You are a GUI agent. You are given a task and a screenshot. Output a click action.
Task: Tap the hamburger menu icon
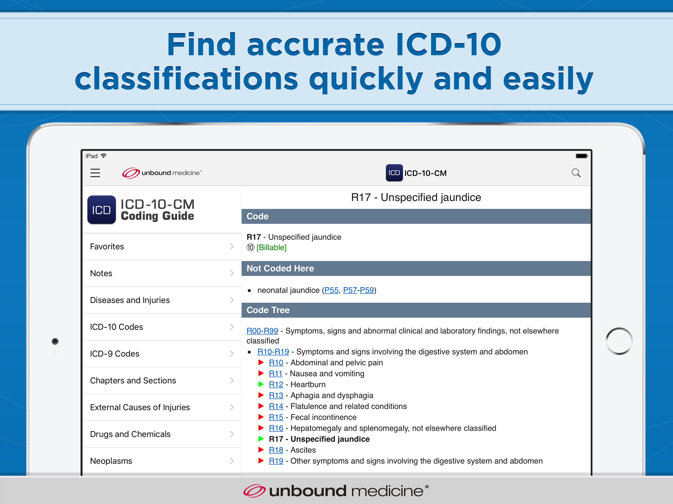click(95, 173)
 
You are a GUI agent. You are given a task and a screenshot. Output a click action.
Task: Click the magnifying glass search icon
click(576, 173)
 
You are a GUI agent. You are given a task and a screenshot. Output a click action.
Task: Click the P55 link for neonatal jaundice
click(331, 290)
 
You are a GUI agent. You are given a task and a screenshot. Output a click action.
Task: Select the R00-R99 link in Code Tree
click(262, 331)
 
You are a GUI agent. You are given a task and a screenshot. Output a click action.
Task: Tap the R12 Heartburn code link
click(276, 385)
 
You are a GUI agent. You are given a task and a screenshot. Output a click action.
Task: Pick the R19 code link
click(276, 461)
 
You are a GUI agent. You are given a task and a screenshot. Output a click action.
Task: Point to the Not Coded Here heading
click(280, 268)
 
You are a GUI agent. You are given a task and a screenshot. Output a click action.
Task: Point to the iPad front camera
click(55, 341)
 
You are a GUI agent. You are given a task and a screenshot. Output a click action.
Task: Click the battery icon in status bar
click(582, 156)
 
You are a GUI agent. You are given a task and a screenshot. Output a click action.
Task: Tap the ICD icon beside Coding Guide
click(101, 210)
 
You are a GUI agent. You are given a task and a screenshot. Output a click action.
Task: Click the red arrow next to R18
click(261, 450)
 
